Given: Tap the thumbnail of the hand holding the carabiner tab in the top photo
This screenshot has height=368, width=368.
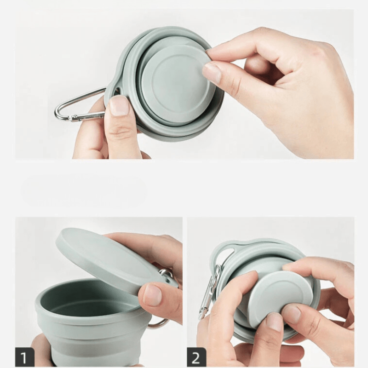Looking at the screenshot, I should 119,105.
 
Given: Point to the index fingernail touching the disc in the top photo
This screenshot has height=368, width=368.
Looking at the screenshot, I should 212,73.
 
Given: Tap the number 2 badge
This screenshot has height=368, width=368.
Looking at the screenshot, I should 196,356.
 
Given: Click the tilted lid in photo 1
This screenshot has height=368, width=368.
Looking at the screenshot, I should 106,258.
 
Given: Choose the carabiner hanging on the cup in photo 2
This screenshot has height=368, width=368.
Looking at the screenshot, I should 209,290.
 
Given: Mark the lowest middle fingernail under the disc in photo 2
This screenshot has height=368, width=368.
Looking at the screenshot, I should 275,322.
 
